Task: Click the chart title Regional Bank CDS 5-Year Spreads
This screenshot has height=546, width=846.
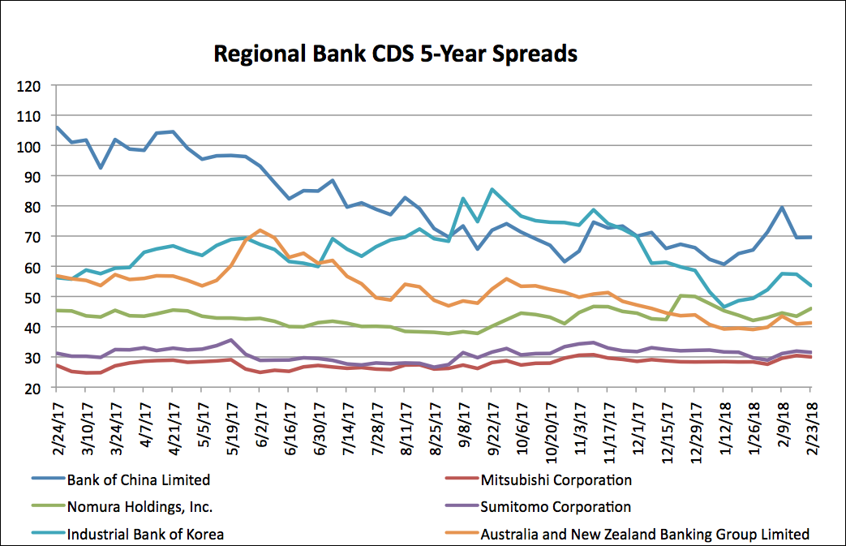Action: pyautogui.click(x=395, y=54)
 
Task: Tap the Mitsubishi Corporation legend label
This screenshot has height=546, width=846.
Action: pyautogui.click(x=556, y=479)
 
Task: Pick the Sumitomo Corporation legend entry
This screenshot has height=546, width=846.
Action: pyautogui.click(x=556, y=507)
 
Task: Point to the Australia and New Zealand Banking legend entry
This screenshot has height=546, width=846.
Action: pyautogui.click(x=645, y=534)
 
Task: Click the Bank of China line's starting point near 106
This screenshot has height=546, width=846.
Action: pyautogui.click(x=57, y=127)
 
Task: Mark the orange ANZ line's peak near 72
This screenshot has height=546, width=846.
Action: pyautogui.click(x=260, y=230)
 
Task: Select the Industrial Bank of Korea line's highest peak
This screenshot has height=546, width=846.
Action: pyautogui.click(x=492, y=190)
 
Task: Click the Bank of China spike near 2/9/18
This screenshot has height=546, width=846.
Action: pyautogui.click(x=782, y=208)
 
